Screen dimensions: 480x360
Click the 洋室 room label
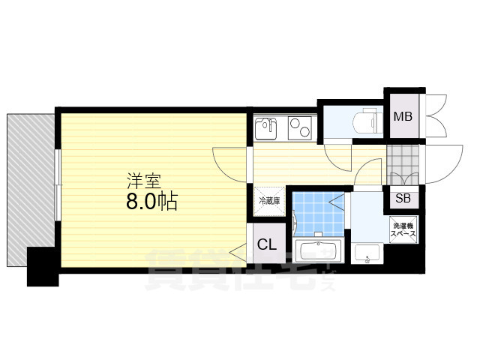(144, 181)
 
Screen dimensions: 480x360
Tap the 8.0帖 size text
(151, 201)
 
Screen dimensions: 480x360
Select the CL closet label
(267, 244)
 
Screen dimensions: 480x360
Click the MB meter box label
(403, 116)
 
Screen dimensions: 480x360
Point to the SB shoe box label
(403, 198)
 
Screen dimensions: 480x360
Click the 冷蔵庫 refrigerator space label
(269, 201)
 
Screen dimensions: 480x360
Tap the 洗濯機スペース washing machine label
(403, 230)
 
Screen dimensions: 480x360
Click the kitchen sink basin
(265, 129)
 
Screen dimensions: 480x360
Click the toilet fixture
(368, 121)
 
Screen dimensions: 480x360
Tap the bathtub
(318, 251)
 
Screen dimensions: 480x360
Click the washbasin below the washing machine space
(367, 253)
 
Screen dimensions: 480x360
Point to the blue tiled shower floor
(318, 214)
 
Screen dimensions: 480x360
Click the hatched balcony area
(31, 181)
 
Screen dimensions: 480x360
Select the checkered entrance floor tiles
(403, 165)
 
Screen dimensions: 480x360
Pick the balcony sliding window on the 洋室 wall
(58, 184)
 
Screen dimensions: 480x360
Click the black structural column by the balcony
(43, 267)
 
